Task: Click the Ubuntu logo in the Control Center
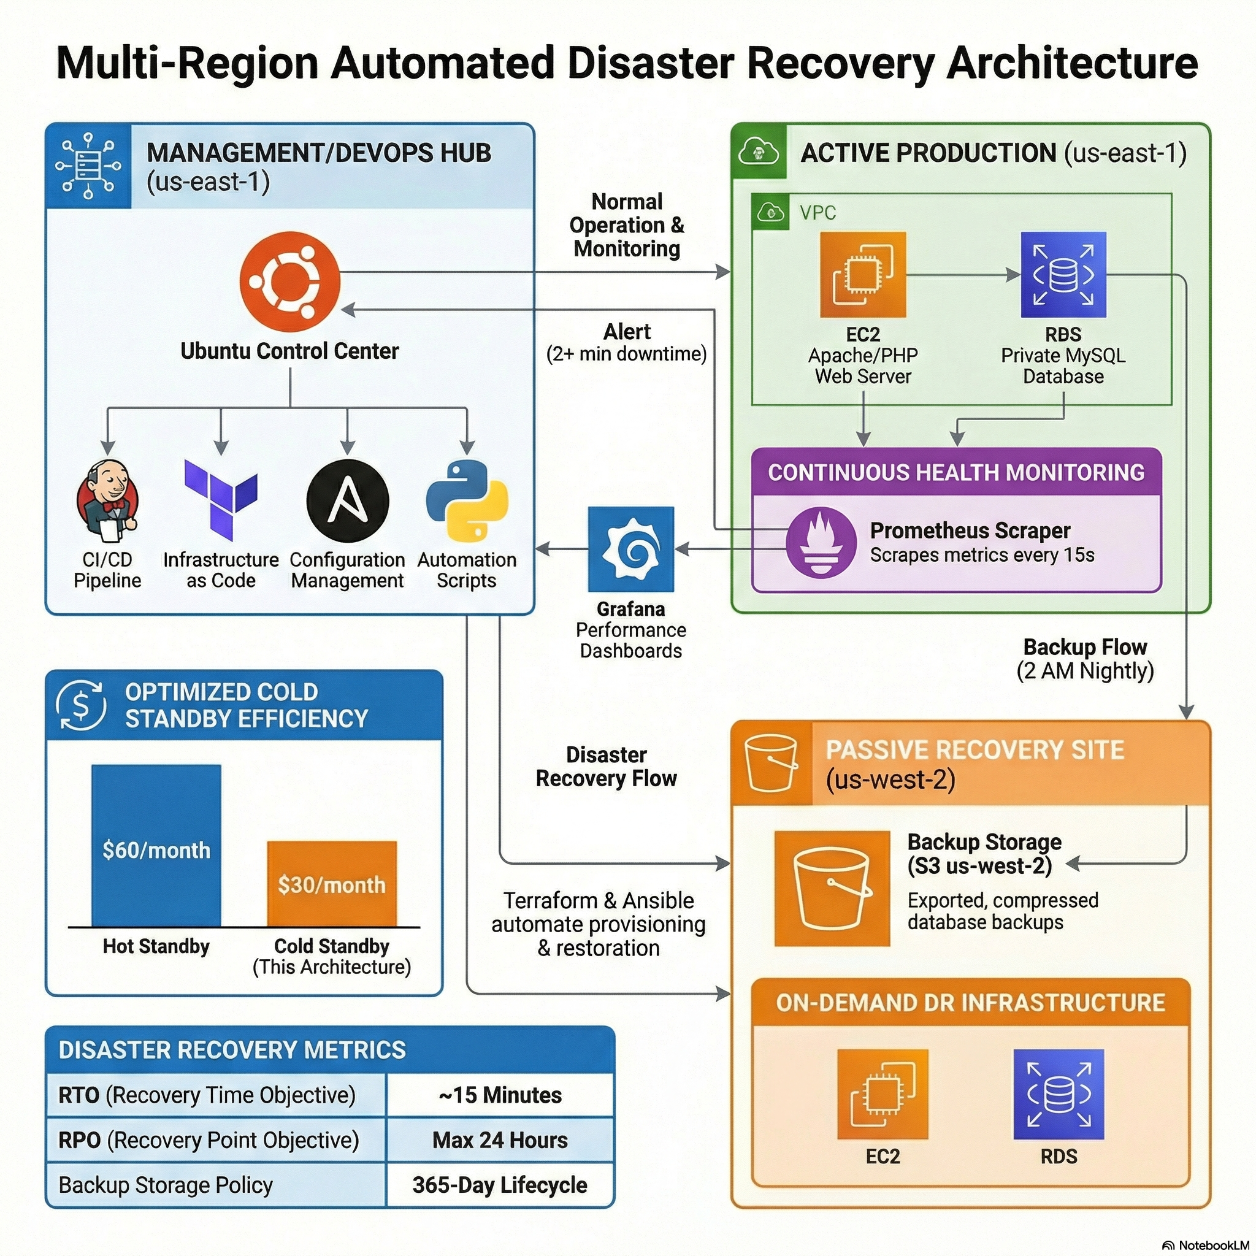[x=289, y=281]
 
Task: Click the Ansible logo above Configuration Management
[x=347, y=500]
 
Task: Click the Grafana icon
[x=630, y=549]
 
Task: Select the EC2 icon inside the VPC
[x=863, y=274]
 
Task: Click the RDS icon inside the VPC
[x=1063, y=274]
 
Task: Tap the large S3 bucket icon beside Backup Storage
[x=832, y=888]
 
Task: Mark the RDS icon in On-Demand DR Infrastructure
[x=1059, y=1094]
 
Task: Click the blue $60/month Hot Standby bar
[x=156, y=845]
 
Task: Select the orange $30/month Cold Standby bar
[x=332, y=884]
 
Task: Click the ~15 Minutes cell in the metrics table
[x=500, y=1095]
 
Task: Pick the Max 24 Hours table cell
[x=500, y=1139]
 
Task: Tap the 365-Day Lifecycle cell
[x=500, y=1184]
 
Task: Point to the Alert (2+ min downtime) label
[x=627, y=343]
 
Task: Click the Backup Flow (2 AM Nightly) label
[x=1085, y=659]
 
